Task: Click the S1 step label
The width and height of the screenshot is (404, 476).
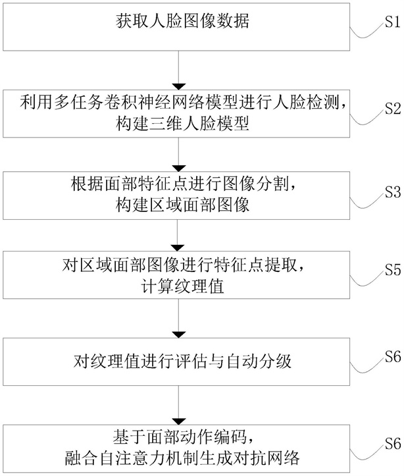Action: pyautogui.click(x=393, y=22)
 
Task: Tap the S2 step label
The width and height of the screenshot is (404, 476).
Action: pyautogui.click(x=393, y=109)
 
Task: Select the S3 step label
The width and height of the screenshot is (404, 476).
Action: pyautogui.click(x=393, y=192)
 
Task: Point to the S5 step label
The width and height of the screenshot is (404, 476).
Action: pyautogui.click(x=393, y=270)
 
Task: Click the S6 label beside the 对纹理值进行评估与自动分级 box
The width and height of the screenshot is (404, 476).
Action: pyautogui.click(x=393, y=357)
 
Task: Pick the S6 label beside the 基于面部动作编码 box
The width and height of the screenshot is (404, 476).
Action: pyautogui.click(x=393, y=444)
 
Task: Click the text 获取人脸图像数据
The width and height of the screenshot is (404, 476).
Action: pyautogui.click(x=182, y=21)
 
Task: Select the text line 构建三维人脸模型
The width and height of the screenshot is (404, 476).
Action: pyautogui.click(x=182, y=124)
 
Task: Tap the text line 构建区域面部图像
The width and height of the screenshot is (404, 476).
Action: pyautogui.click(x=182, y=205)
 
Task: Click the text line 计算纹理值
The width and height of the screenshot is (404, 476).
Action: pyautogui.click(x=182, y=286)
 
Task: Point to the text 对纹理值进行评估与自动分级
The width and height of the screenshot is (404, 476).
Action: pyautogui.click(x=182, y=361)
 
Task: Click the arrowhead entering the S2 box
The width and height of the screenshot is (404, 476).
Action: pyautogui.click(x=178, y=86)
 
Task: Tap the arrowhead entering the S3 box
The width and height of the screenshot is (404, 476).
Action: pyautogui.click(x=178, y=168)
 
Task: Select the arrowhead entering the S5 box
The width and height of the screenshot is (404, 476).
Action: pyautogui.click(x=178, y=248)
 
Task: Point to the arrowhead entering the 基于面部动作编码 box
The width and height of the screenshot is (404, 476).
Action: pyautogui.click(x=178, y=421)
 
